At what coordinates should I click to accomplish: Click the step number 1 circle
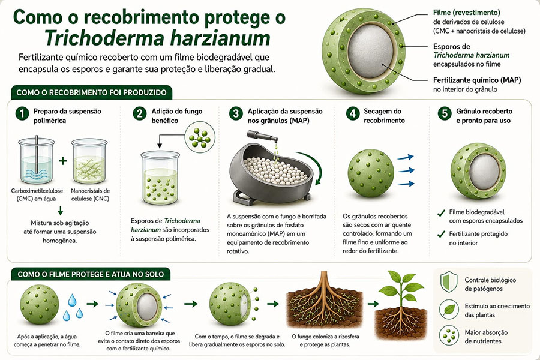tap(22, 113)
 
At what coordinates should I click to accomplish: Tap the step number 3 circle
tap(236, 113)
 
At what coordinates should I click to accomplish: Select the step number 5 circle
tap(444, 113)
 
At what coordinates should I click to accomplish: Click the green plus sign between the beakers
tap(62, 161)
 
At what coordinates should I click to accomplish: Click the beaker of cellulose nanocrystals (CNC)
tap(89, 161)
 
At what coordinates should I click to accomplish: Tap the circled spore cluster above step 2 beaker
tap(200, 137)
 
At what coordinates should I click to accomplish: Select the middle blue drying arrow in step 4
tap(406, 170)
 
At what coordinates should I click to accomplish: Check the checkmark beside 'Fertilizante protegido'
tap(441, 235)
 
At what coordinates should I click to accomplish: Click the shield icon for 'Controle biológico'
tap(449, 281)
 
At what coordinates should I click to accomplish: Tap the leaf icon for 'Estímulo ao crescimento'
tap(449, 309)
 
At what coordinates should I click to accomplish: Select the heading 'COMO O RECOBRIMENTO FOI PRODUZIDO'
tap(91, 92)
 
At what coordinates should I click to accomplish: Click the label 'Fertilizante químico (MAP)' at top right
tap(477, 80)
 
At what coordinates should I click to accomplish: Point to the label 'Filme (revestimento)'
tap(467, 13)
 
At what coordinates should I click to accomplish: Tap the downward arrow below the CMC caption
tap(61, 211)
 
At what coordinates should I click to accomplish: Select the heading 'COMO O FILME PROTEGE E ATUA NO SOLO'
tap(91, 275)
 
